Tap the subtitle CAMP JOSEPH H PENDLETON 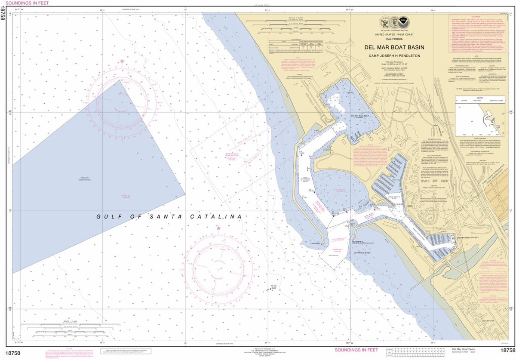point(394,55)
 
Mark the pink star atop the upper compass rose point(122,62)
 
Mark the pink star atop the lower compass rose point(218,228)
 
